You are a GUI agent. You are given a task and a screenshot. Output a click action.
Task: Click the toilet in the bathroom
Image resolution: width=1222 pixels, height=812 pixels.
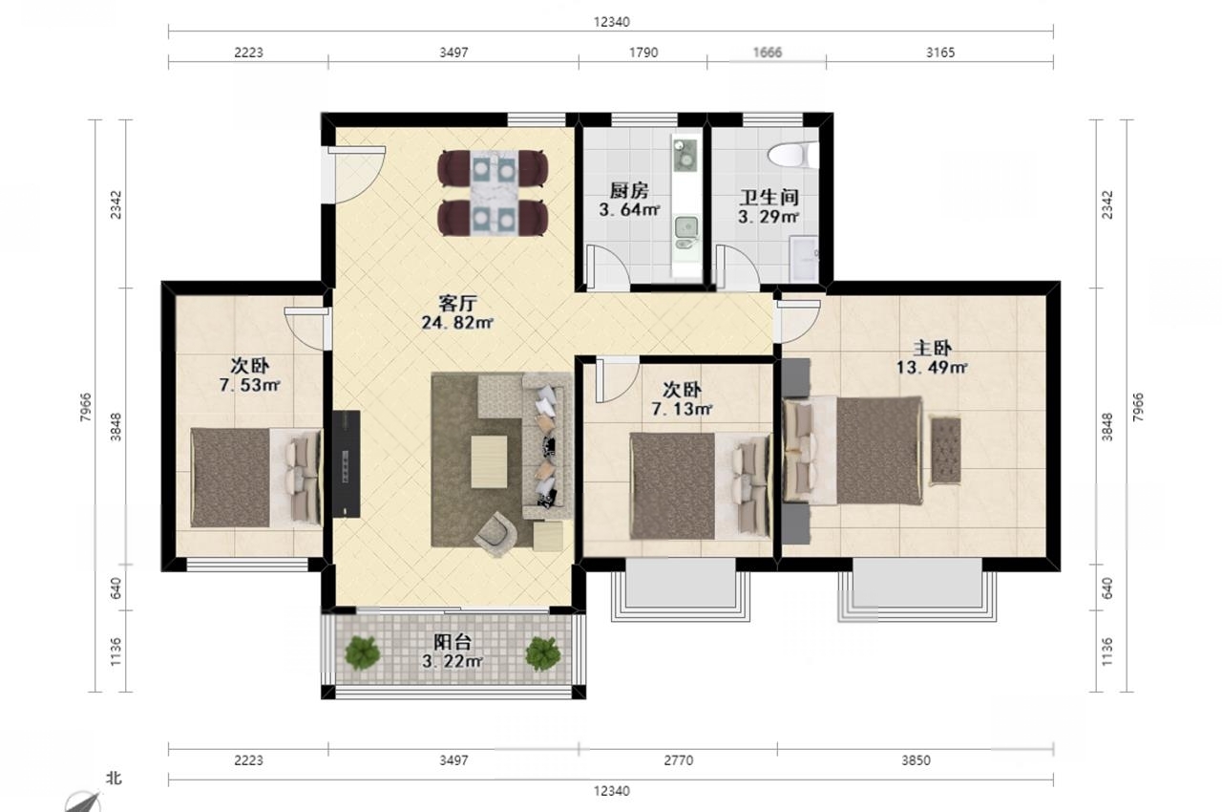(x=793, y=155)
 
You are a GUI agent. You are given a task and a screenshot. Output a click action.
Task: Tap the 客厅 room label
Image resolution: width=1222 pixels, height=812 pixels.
(x=457, y=303)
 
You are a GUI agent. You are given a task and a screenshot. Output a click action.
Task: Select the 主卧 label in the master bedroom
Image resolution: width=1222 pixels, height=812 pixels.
(x=933, y=348)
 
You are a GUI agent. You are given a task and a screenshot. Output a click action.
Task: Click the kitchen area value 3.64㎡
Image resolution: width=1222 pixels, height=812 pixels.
(x=629, y=209)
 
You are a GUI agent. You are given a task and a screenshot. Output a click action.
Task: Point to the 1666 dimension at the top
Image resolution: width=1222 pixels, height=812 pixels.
(x=767, y=53)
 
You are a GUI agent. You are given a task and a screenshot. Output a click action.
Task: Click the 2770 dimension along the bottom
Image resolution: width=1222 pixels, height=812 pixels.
(x=678, y=760)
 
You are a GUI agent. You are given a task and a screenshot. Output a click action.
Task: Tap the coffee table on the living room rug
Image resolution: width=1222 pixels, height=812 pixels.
(x=489, y=461)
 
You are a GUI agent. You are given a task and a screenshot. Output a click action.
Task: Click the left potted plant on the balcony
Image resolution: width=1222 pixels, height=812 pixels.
(x=362, y=652)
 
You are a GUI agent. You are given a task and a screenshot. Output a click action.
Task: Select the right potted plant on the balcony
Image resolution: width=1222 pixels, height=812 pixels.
(x=543, y=653)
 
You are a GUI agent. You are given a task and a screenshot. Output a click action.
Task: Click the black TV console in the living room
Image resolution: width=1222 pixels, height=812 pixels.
(x=347, y=464)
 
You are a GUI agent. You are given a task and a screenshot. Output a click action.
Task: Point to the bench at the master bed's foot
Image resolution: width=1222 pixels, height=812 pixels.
(x=945, y=450)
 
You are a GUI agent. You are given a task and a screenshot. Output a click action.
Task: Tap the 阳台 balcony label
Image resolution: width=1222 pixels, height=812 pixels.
(x=453, y=642)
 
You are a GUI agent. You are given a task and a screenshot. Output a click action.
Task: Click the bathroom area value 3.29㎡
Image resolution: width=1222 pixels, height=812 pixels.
(x=769, y=217)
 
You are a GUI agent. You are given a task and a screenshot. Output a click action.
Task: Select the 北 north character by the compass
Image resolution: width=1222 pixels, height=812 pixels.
(x=114, y=779)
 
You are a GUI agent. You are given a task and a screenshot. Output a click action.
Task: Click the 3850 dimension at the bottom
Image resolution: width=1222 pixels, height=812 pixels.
(x=916, y=760)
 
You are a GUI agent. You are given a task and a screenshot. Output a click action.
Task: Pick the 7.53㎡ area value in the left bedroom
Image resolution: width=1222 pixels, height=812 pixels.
(x=250, y=385)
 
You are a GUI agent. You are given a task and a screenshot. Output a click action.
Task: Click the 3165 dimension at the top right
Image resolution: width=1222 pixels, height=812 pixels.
(x=940, y=53)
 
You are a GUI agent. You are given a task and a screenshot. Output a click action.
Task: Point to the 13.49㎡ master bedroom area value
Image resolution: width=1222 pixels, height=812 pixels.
(x=932, y=368)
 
